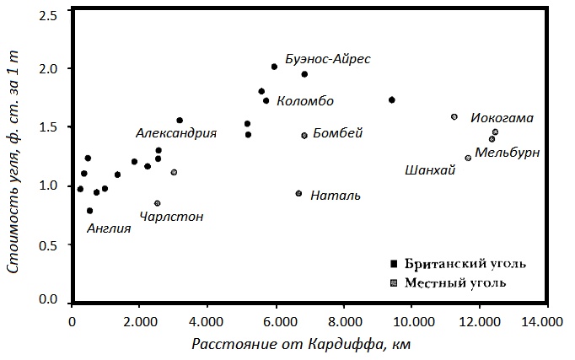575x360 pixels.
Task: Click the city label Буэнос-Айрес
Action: pos(328,60)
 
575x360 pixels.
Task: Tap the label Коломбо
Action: pos(304,101)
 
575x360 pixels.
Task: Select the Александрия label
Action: pos(176,133)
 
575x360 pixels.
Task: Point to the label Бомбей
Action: pos(337,133)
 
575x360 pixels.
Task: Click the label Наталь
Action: pos(336,196)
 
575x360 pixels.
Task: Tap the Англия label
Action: pos(109,228)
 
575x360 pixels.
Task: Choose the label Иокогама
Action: pos(502,118)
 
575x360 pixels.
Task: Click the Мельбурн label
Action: pos(507,153)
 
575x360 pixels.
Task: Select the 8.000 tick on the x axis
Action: pos(343,321)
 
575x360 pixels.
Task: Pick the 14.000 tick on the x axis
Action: pos(548,321)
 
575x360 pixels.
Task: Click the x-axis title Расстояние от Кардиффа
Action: pos(301,345)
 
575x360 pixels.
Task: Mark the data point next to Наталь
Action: pos(298,193)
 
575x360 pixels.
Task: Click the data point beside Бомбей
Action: pos(304,135)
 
